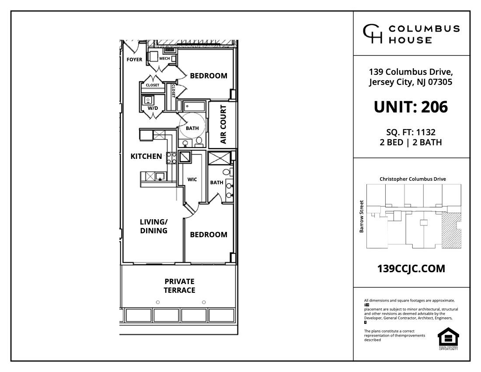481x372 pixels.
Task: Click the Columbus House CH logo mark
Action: [373, 34]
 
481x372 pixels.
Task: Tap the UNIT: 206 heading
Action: [411, 107]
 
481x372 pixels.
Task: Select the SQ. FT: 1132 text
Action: [411, 132]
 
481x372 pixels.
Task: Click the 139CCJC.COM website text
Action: [411, 269]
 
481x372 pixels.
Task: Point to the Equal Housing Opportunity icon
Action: [448, 338]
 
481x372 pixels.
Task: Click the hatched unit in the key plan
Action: [451, 231]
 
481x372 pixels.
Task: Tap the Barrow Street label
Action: [362, 216]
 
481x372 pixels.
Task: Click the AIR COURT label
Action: [223, 124]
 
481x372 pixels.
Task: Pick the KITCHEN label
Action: [146, 156]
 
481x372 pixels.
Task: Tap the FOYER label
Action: [134, 60]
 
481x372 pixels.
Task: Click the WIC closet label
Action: [192, 179]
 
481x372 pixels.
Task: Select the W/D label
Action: [153, 108]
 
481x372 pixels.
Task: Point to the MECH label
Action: [164, 58]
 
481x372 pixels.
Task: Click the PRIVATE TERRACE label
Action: [179, 286]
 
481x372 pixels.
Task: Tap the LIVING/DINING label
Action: [153, 226]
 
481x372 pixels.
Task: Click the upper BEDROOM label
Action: [209, 76]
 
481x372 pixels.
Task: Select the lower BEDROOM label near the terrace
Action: [209, 235]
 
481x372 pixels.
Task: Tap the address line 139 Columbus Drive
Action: [411, 72]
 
